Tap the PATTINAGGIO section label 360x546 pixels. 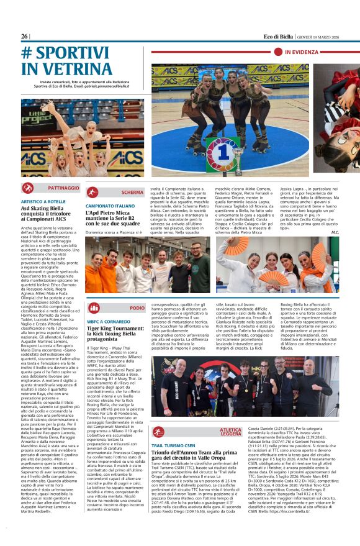[63, 187]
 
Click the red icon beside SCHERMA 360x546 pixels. [92, 193]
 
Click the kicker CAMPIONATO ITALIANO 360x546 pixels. [110, 206]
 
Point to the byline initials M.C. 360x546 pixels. [335, 232]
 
